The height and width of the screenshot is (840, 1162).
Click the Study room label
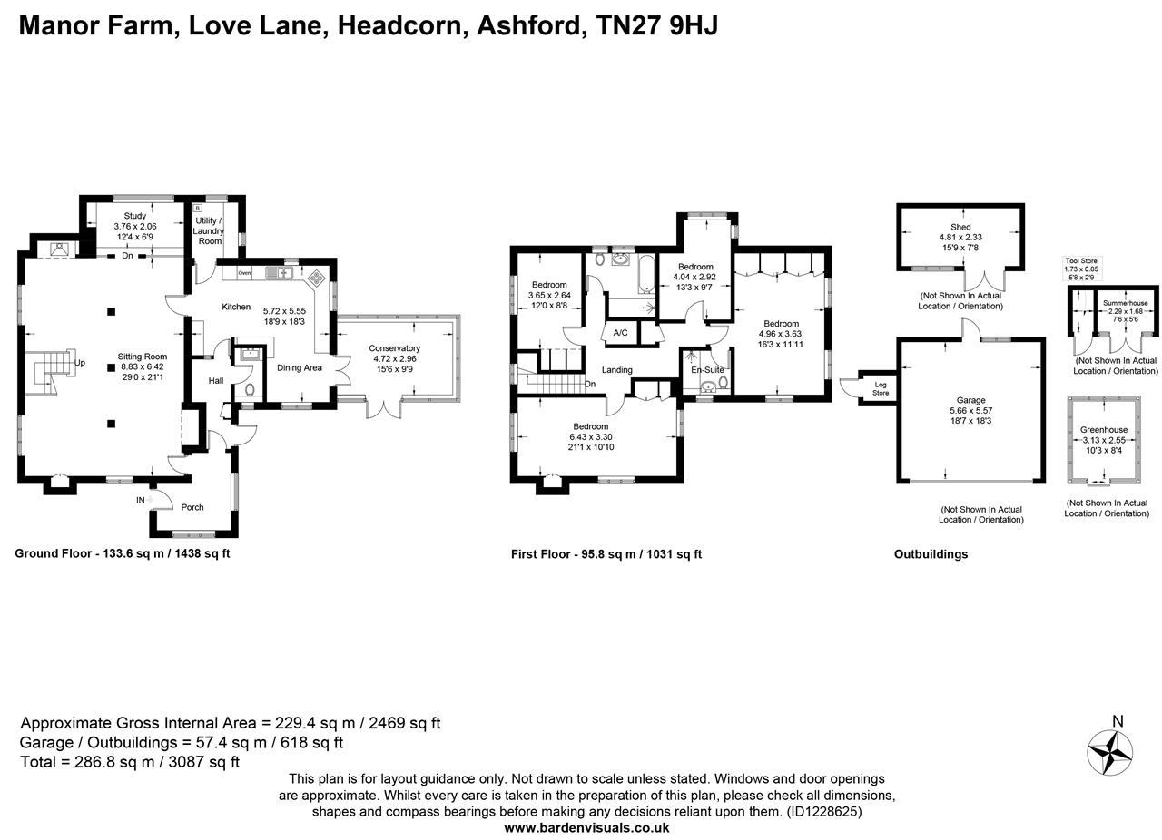tap(134, 216)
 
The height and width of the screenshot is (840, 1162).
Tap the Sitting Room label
tap(143, 357)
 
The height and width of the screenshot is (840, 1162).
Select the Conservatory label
tap(394, 348)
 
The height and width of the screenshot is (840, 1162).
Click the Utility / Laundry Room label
tap(210, 231)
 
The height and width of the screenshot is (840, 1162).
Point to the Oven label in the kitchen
tap(244, 272)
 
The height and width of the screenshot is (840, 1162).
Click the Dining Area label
tap(300, 367)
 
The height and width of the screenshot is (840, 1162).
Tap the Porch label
tap(192, 507)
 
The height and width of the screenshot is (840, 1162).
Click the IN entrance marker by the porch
tap(141, 500)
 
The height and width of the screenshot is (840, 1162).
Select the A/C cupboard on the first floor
tap(621, 333)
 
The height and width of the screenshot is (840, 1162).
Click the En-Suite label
tap(707, 370)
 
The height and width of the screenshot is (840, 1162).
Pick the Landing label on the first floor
tap(616, 370)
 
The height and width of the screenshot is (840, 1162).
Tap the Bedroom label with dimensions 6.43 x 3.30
tap(590, 426)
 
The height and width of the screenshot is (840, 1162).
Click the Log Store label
tap(881, 389)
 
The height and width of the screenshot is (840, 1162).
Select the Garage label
tap(970, 400)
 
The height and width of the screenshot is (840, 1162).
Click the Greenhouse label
tap(1103, 430)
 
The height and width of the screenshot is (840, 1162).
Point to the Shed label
tap(960, 227)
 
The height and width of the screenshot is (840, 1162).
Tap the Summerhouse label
tap(1125, 303)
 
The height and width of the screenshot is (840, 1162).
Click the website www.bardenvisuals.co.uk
tap(586, 827)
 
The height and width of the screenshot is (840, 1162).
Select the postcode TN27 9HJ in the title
tap(656, 24)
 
